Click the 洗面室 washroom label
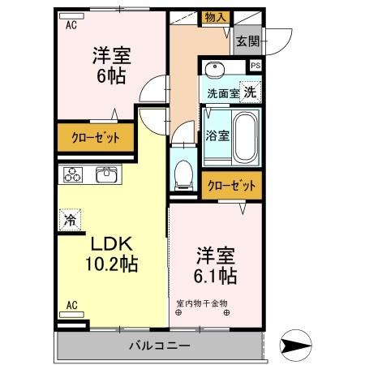point(222,92)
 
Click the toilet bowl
point(184,172)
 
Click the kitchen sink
point(106,175)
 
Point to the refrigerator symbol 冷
point(71,219)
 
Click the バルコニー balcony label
point(159,346)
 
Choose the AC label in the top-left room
point(71,24)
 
